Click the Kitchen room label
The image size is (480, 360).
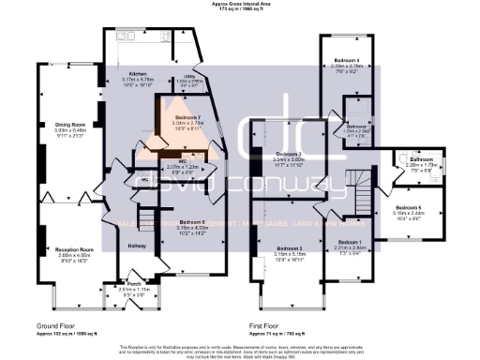click(139, 72)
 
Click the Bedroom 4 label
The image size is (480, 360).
click(347, 61)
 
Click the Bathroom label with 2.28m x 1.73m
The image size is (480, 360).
click(420, 159)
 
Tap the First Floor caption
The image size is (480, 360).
click(268, 326)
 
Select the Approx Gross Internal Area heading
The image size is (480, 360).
click(239, 5)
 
